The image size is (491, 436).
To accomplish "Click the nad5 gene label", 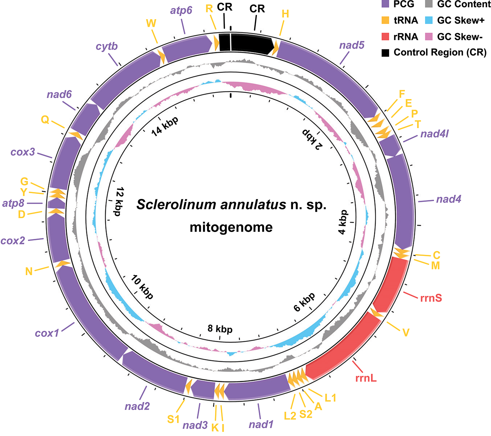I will tap(352, 45).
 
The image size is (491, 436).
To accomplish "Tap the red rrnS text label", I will tap(431, 298).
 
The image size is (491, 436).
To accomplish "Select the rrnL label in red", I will tap(366, 378).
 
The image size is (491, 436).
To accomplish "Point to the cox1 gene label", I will tap(47, 333).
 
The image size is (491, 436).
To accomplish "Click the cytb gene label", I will tap(107, 46).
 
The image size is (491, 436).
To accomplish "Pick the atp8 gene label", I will tap(13, 203).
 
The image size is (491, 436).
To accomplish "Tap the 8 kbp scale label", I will tap(220, 329).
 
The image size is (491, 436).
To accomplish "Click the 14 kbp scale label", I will tap(165, 126).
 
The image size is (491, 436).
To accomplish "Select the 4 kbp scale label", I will tap(343, 222).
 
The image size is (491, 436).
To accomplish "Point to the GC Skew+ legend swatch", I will tap(428, 20).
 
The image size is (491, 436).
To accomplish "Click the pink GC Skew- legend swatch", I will tap(428, 37).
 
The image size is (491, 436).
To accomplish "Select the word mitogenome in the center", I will tap(231, 227).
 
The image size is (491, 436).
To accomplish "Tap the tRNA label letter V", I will tap(406, 332).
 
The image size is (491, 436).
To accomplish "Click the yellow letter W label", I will tap(151, 24).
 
